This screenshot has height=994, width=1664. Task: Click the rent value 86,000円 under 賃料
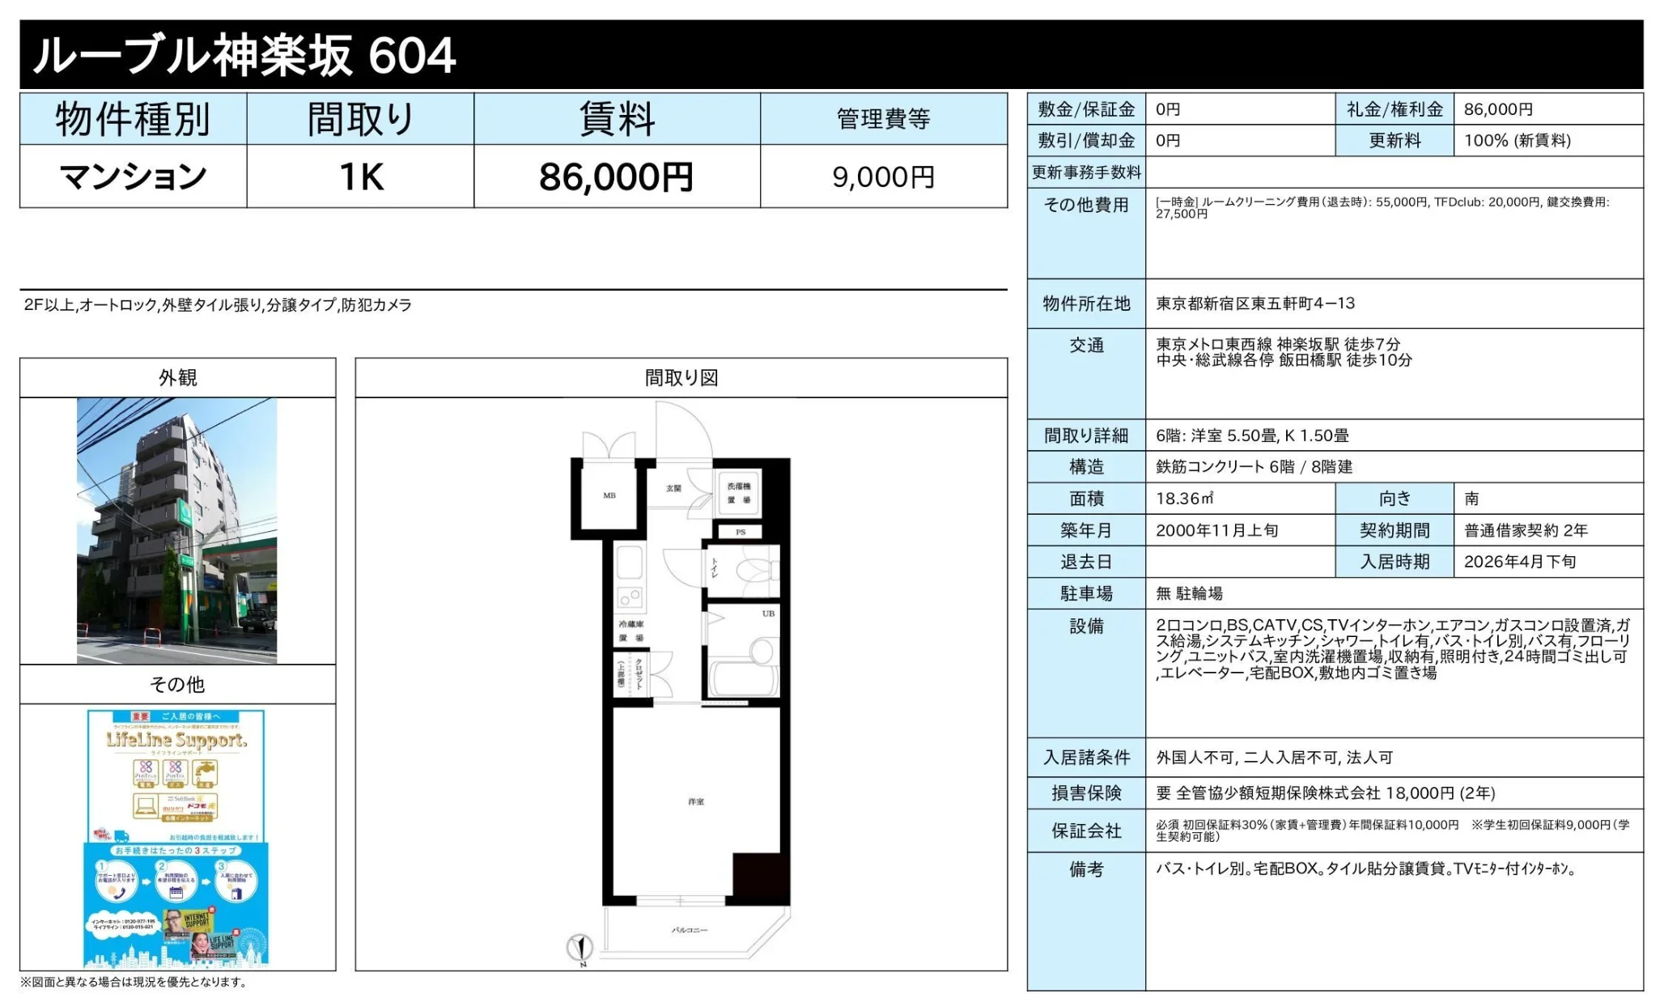click(616, 176)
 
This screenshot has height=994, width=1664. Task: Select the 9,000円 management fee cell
click(883, 176)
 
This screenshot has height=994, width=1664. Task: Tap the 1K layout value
click(361, 176)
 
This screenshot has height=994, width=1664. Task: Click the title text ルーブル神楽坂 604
click(244, 55)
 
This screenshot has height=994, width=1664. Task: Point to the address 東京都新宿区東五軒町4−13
click(1254, 304)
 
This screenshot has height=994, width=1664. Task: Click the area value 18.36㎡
click(1185, 499)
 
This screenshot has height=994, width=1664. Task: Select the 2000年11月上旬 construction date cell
click(1216, 530)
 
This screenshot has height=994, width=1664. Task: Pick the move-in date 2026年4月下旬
click(1519, 562)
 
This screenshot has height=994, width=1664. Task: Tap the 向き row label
click(1394, 499)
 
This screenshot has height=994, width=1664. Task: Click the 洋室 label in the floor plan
click(696, 801)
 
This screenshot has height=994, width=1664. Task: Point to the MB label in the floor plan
click(609, 495)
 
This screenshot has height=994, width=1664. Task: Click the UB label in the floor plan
click(768, 614)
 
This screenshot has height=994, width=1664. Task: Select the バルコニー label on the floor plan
click(690, 930)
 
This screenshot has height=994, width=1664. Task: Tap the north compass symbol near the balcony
click(580, 946)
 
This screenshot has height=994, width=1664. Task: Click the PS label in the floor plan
click(741, 532)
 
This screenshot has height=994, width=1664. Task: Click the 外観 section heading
click(177, 378)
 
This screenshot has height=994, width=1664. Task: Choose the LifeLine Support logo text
click(176, 740)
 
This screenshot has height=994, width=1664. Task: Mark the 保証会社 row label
click(1086, 830)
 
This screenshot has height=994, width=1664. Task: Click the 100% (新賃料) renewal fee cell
click(1517, 141)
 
